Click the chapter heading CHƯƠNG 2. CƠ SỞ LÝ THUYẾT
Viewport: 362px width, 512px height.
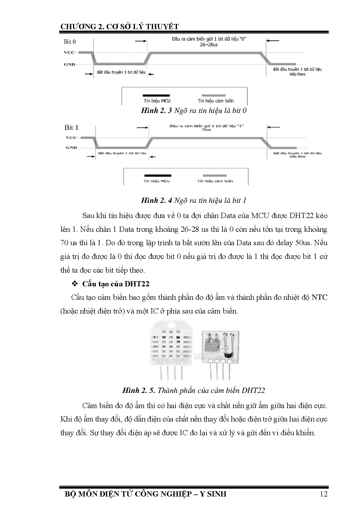point(119,27)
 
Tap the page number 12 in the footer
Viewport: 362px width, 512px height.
point(323,494)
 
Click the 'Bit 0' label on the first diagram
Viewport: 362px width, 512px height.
point(70,42)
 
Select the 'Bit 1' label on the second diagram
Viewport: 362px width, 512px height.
point(71,128)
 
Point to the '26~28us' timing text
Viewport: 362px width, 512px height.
point(209,45)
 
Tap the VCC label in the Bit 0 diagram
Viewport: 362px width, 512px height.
point(69,53)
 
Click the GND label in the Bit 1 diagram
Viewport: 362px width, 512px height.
point(71,148)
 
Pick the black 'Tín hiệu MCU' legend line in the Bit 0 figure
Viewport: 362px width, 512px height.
point(156,95)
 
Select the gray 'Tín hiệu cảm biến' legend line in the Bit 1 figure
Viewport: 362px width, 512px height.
point(215,176)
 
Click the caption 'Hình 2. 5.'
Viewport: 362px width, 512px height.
point(139,391)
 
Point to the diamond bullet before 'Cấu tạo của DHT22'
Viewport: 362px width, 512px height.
point(75,284)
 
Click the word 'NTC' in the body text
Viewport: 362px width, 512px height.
point(319,297)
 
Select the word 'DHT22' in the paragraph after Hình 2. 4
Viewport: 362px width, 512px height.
point(302,216)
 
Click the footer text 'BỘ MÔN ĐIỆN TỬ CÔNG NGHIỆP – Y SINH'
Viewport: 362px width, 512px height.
point(145,494)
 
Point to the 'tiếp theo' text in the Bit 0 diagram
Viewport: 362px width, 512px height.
point(297,74)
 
